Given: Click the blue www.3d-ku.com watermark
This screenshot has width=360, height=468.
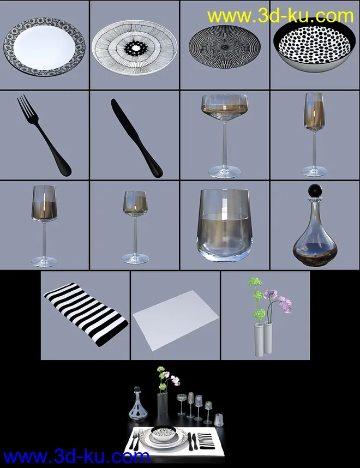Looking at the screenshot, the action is (x=76, y=457).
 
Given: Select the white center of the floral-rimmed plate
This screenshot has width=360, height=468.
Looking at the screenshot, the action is (x=44, y=46).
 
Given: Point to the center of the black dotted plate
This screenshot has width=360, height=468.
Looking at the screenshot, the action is (x=225, y=46).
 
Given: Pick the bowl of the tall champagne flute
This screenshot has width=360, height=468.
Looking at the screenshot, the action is (x=314, y=111).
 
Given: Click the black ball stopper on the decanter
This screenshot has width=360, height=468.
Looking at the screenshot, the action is (x=314, y=190).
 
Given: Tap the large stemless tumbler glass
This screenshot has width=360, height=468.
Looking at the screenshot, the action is (x=225, y=226).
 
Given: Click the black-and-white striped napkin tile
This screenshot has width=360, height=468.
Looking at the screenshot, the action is (x=86, y=314).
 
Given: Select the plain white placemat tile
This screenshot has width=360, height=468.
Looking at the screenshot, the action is (x=176, y=320).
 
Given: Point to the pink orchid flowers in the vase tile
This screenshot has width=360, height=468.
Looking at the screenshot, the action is (x=280, y=300).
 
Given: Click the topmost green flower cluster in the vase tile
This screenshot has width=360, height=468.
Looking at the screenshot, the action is (x=255, y=281).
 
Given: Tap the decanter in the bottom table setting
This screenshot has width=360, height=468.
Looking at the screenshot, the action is (x=138, y=404).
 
